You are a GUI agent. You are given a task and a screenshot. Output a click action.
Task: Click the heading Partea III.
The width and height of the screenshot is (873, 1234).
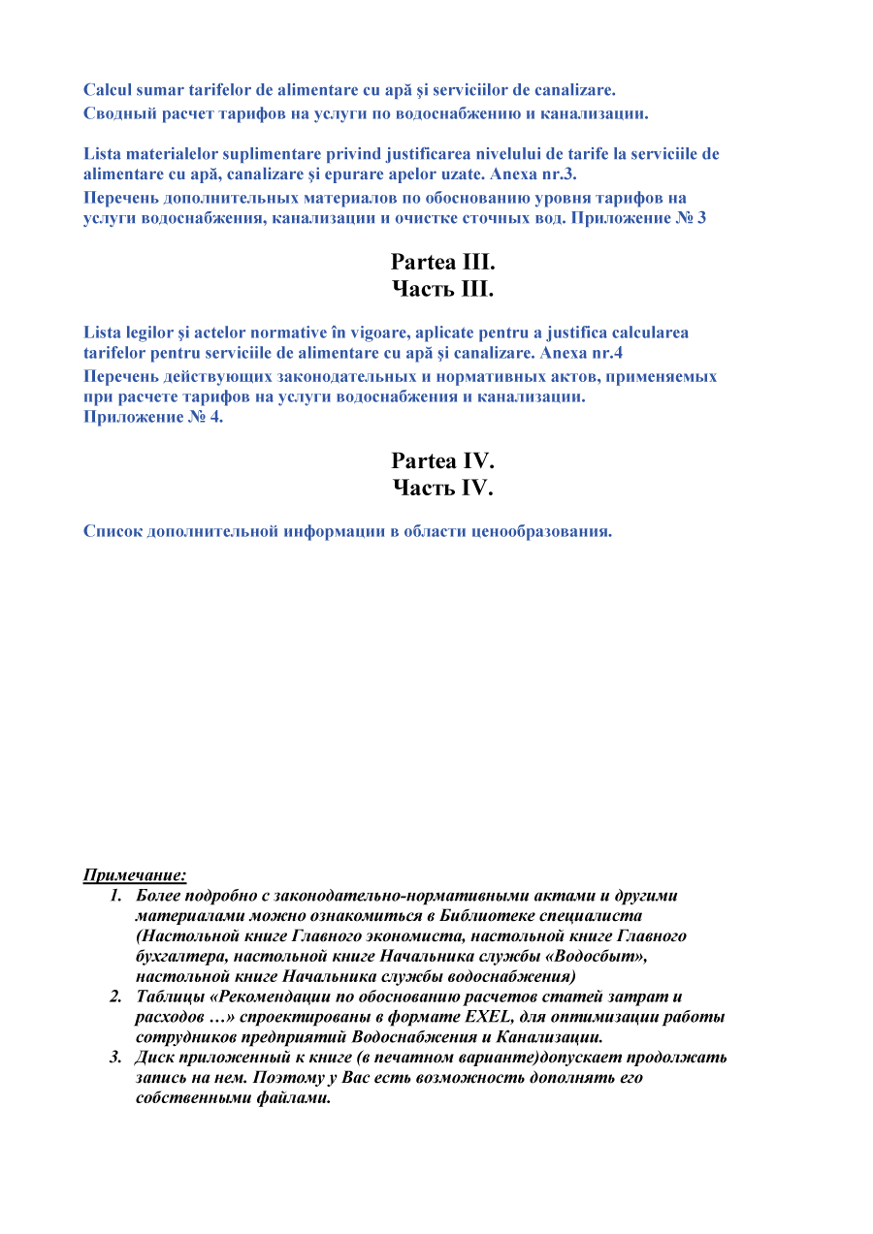[x=442, y=263]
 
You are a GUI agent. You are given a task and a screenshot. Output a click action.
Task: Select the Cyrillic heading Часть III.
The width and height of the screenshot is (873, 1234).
[x=442, y=289]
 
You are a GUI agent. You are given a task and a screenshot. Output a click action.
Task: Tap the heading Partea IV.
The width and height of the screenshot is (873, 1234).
[x=442, y=461]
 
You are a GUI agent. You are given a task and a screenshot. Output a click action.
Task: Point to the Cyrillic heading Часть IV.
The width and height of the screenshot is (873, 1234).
[x=442, y=488]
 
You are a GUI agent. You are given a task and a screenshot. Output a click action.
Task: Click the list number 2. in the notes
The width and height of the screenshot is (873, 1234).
[x=114, y=997]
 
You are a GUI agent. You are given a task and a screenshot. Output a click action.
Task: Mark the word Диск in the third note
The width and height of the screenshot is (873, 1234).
[x=156, y=1057]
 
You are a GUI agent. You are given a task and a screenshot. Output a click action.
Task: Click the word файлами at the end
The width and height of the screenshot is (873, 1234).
[x=296, y=1098]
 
